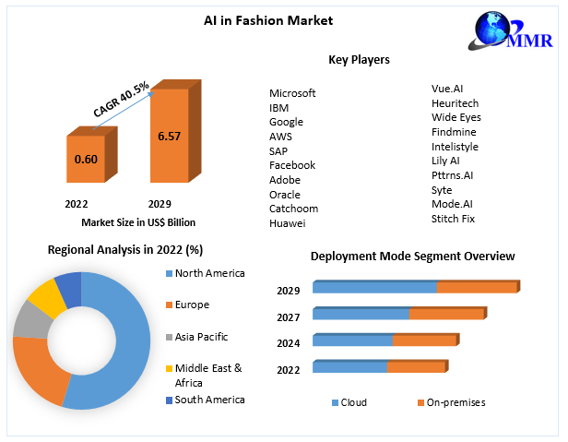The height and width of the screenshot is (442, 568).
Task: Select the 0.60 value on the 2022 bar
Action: [x=85, y=159]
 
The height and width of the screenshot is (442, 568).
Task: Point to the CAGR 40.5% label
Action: [x=121, y=99]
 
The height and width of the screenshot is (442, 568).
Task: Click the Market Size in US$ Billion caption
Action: [x=138, y=221]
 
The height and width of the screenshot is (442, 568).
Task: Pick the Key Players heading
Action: [x=359, y=60]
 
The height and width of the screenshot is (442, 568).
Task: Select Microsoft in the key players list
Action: [x=292, y=93]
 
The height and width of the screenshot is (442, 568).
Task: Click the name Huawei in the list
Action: [x=287, y=223]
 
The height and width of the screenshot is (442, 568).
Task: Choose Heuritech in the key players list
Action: [x=456, y=103]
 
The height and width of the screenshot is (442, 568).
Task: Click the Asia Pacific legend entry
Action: [x=201, y=337]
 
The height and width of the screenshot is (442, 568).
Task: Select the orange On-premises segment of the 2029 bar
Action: [x=476, y=288]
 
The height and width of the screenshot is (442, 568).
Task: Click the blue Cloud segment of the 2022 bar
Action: [x=349, y=367]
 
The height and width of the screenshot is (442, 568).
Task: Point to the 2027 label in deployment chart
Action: [x=289, y=317]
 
